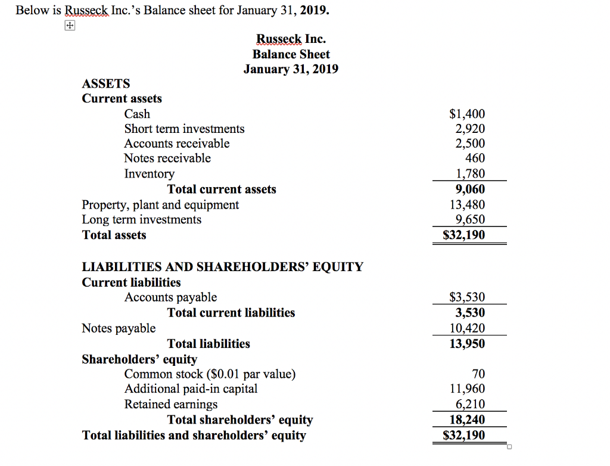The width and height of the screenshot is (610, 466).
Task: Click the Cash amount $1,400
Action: (x=467, y=114)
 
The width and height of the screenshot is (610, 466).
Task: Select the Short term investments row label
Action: (x=184, y=129)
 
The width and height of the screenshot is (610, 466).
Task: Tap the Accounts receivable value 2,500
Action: (x=470, y=144)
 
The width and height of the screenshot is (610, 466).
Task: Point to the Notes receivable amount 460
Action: (x=475, y=159)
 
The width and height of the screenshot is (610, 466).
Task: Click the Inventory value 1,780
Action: (x=470, y=173)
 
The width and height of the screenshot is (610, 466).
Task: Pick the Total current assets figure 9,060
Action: (x=470, y=189)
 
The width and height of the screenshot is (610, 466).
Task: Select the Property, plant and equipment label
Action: (x=160, y=205)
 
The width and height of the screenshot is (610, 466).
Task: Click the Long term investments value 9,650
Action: (x=470, y=220)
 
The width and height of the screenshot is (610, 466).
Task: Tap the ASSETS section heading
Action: (x=105, y=83)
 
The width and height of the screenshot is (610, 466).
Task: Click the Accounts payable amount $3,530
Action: (x=467, y=297)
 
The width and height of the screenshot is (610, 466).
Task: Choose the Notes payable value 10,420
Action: (x=467, y=328)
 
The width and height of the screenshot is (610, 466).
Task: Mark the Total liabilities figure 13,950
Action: (x=467, y=344)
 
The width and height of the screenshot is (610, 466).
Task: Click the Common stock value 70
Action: (x=478, y=374)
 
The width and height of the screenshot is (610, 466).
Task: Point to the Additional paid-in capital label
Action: (x=191, y=389)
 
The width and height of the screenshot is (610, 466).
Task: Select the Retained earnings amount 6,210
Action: (x=470, y=405)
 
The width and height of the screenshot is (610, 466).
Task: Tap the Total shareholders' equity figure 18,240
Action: (x=467, y=420)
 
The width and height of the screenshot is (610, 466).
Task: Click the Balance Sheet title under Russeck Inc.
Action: (x=291, y=54)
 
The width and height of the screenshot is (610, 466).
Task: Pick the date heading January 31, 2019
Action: (x=291, y=69)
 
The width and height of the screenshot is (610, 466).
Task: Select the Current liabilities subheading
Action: (x=131, y=282)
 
